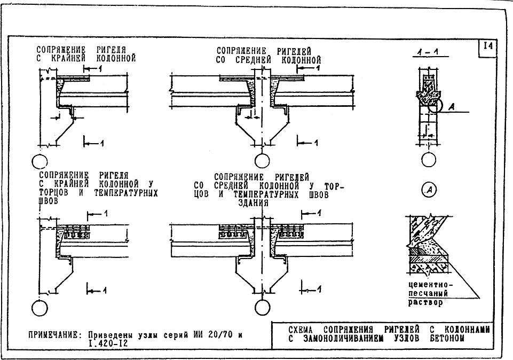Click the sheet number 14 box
pyautogui.click(x=488, y=47)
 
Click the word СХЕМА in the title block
pyautogui.click(x=295, y=330)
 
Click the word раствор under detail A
pyautogui.click(x=426, y=302)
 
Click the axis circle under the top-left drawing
pyautogui.click(x=40, y=160)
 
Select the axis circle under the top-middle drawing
pyautogui.click(x=262, y=160)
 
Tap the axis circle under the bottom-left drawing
pyautogui.click(x=40, y=308)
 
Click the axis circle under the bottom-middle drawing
pyautogui.click(x=262, y=308)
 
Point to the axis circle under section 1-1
pyautogui.click(x=429, y=160)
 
